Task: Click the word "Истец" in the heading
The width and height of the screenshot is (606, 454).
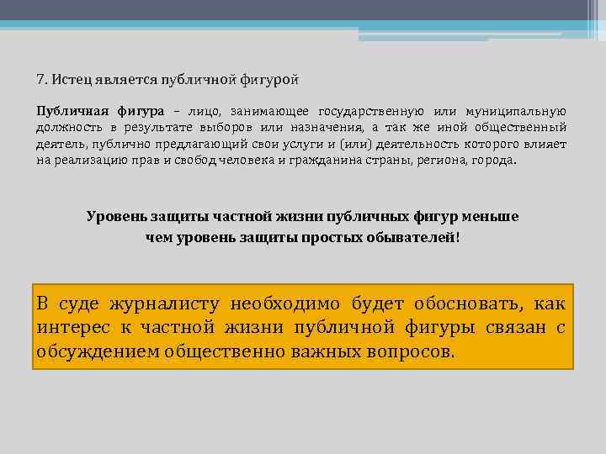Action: (x=69, y=80)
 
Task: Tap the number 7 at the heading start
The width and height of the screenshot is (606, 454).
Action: (x=40, y=80)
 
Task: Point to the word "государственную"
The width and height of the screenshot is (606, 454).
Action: (x=371, y=111)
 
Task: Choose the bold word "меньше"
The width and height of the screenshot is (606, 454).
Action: (x=492, y=216)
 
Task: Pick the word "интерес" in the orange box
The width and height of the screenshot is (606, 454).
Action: (x=69, y=326)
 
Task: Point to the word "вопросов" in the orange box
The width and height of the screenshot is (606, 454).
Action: (x=412, y=350)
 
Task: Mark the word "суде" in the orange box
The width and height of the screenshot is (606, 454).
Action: (x=73, y=304)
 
